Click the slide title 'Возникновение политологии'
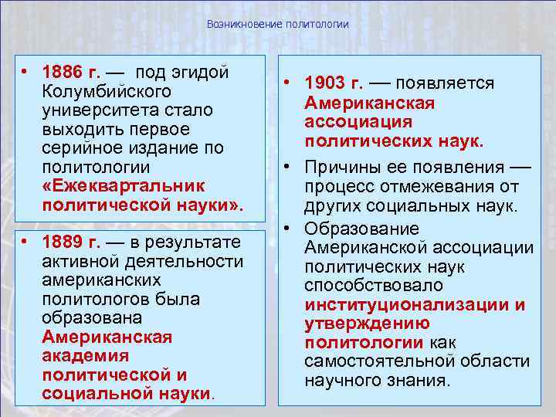pyautogui.click(x=278, y=25)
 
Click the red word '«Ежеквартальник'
pyautogui.click(x=124, y=186)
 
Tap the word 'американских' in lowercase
pyautogui.click(x=102, y=280)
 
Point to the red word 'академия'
pyautogui.click(x=86, y=356)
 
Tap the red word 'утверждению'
pyautogui.click(x=367, y=324)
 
